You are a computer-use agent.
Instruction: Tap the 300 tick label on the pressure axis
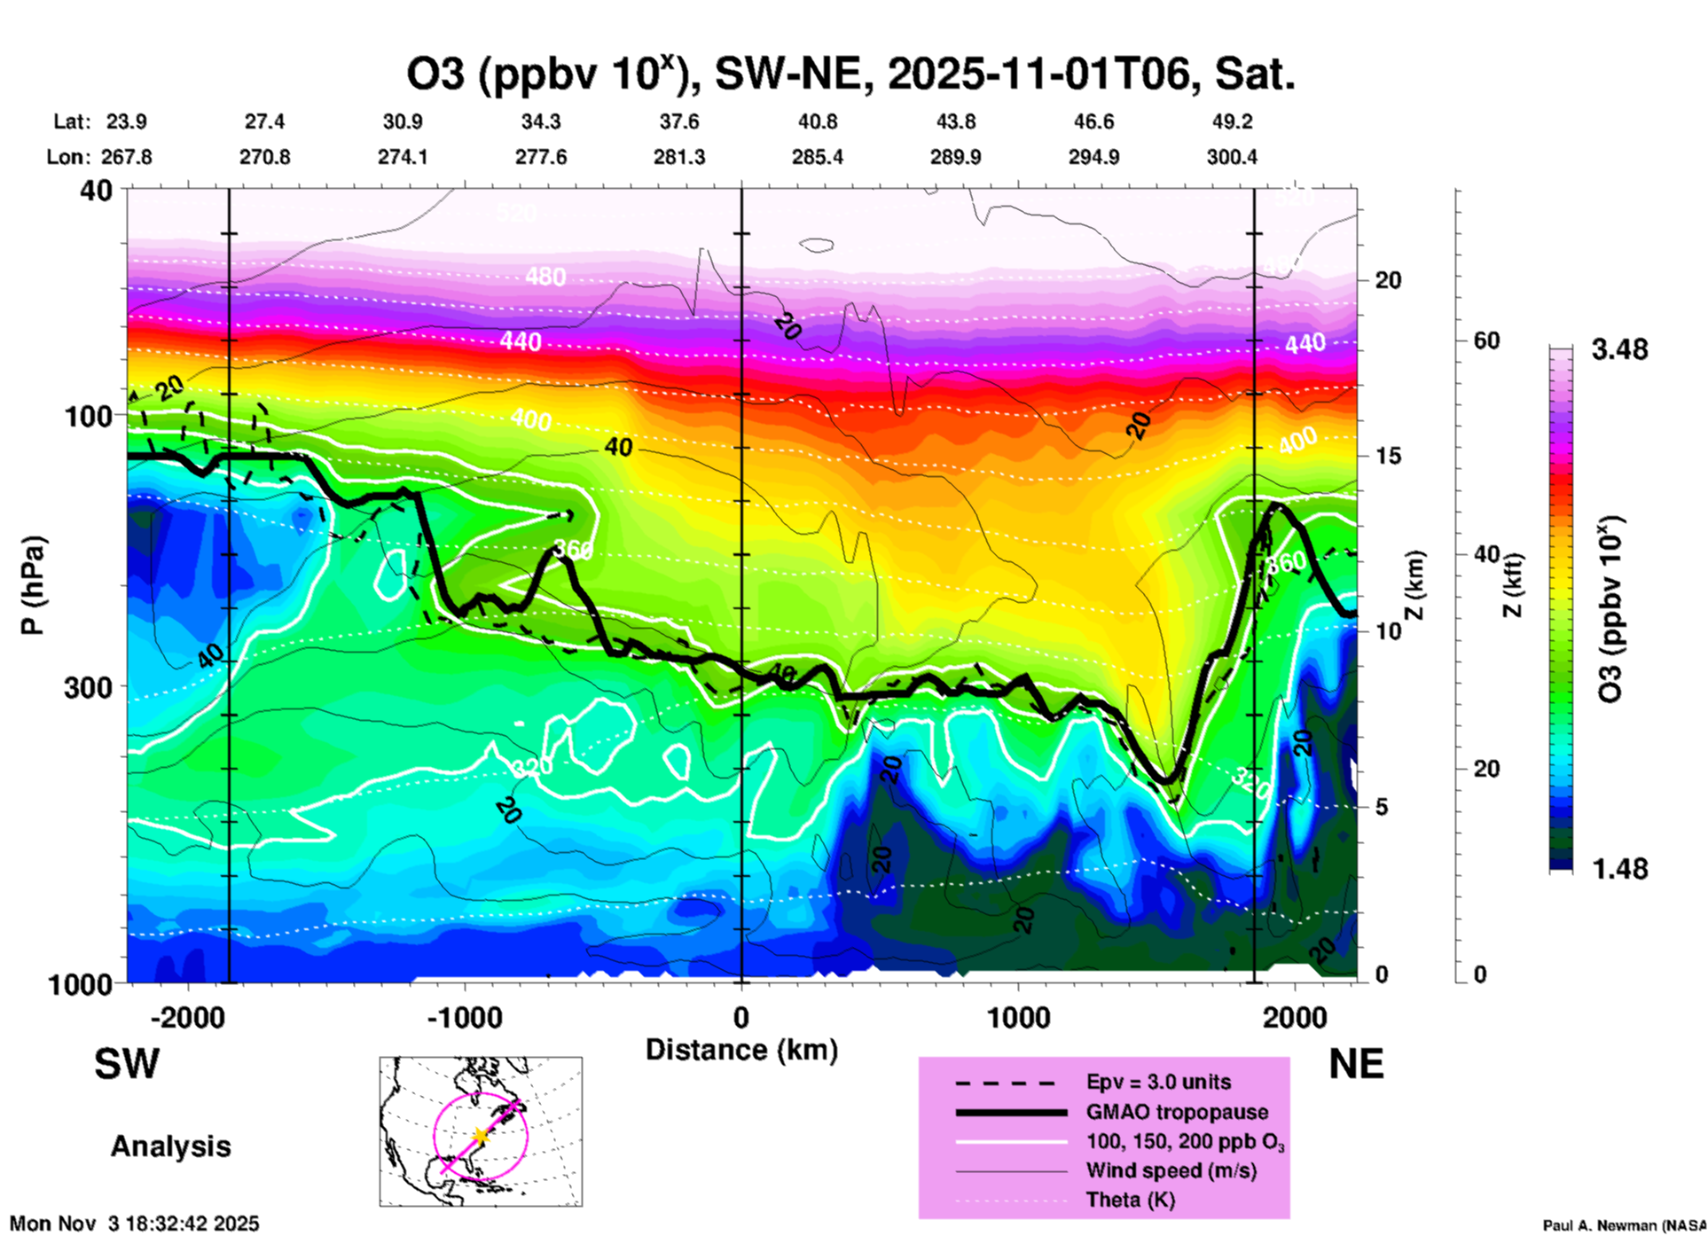click(89, 687)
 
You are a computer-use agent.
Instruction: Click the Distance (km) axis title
click(741, 1050)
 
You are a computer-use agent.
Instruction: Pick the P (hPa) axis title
click(33, 585)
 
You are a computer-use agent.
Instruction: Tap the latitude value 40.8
click(817, 121)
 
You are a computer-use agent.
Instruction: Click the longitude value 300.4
click(1231, 157)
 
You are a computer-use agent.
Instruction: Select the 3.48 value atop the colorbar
click(1619, 350)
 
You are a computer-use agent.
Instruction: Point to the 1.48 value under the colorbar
click(1619, 869)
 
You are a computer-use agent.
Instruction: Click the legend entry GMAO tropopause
click(1177, 1112)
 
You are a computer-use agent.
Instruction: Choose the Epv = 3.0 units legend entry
click(1158, 1082)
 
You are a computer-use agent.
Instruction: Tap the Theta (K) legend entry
click(1130, 1200)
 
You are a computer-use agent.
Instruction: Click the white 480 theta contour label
click(545, 278)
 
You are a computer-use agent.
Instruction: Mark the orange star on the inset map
click(481, 1136)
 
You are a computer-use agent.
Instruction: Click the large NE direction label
click(1356, 1064)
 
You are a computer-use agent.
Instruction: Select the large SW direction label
click(127, 1064)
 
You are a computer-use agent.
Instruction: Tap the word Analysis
click(170, 1146)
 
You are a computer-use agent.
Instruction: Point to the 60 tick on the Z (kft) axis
click(1486, 341)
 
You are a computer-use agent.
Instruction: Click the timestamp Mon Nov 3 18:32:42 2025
click(135, 1224)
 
